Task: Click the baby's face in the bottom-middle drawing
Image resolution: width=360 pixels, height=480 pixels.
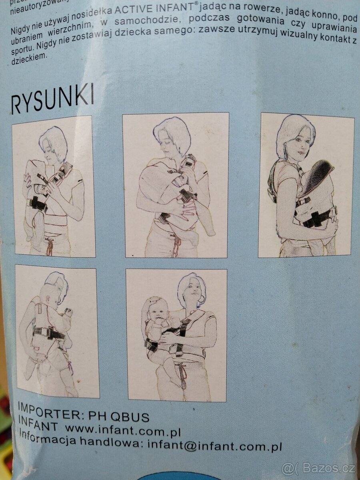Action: [156, 310]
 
